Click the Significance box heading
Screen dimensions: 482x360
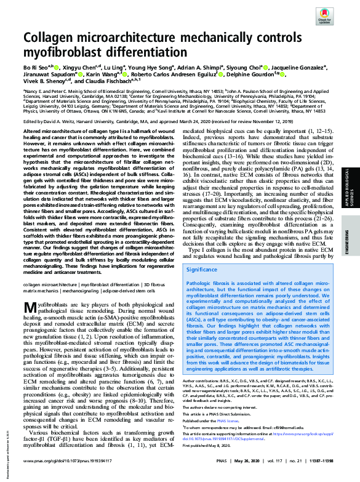click(x=204, y=270)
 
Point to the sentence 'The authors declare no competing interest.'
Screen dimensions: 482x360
click(x=221, y=408)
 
